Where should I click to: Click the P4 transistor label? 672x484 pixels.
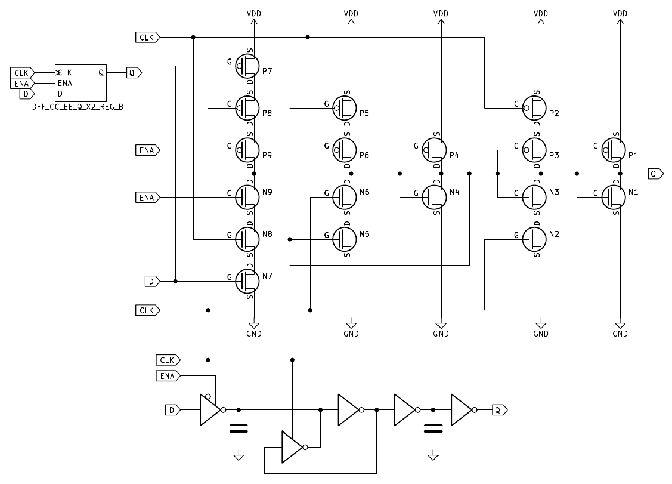[454, 155]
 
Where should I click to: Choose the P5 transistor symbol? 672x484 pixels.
[345, 108]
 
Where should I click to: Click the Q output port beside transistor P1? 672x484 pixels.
[655, 174]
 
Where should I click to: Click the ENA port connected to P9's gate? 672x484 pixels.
[147, 150]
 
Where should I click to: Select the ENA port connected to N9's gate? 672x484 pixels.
[147, 198]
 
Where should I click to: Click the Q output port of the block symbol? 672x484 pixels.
[134, 73]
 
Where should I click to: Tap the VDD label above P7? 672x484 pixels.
[254, 13]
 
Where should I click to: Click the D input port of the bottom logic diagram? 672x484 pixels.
[172, 410]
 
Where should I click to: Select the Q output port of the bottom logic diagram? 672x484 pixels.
[499, 410]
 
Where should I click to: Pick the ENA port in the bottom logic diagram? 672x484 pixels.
[169, 375]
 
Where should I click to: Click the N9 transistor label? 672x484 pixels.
[267, 192]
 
